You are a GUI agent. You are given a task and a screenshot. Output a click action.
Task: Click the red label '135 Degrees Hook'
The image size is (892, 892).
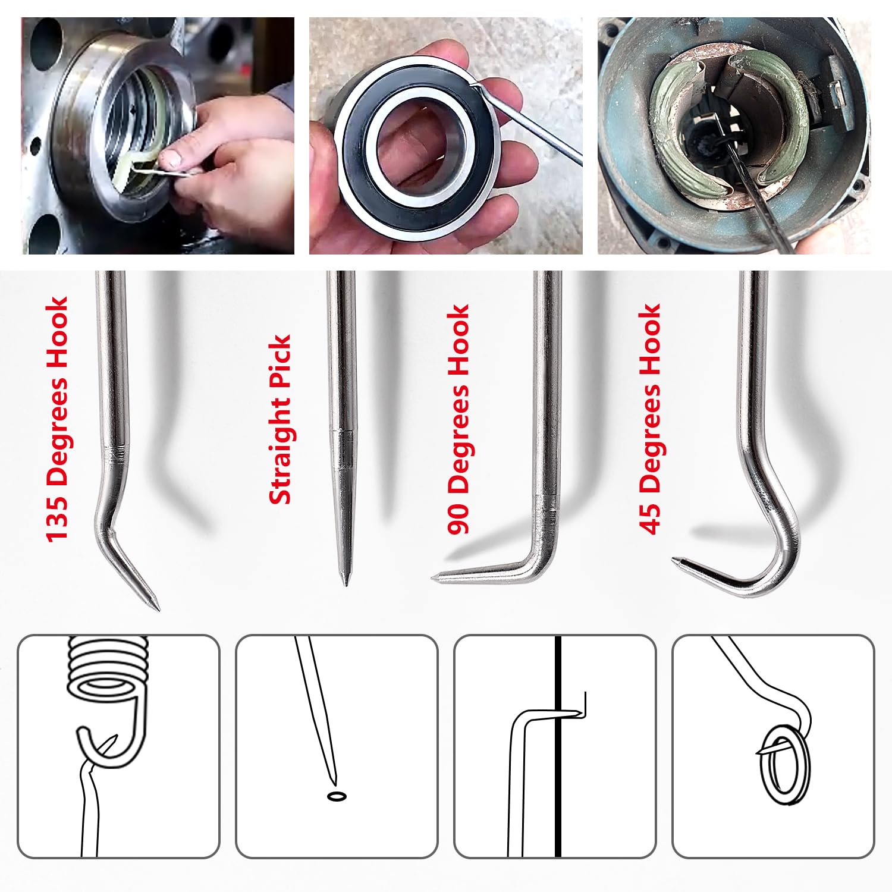pos(58,419)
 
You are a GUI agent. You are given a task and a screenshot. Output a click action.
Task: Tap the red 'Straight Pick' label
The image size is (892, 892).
pos(280,419)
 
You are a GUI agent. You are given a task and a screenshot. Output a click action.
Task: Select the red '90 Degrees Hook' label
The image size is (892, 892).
pos(458,419)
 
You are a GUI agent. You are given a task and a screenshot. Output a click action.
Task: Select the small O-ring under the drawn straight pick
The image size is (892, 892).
pos(337,796)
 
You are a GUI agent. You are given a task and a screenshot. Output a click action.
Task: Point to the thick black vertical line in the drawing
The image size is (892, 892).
pos(558,746)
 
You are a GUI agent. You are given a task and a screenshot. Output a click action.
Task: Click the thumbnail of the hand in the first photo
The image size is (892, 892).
pos(172,158)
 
